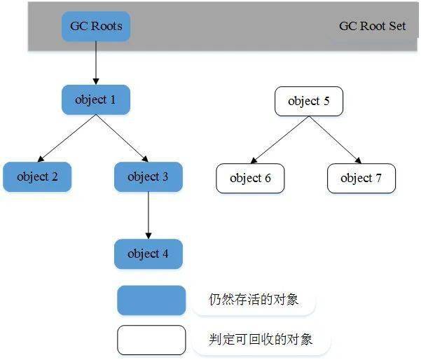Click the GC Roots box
coord(96,27)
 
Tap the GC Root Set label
coord(372,27)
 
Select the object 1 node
coord(96,100)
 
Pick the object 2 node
coord(37,176)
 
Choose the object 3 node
coord(148,176)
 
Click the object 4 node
coord(148,254)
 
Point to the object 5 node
coord(308,102)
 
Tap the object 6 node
coord(250,178)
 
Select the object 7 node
coord(361,178)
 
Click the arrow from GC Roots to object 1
coord(96,63)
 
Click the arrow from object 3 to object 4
coord(148,215)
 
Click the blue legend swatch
coord(151,300)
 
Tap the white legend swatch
coord(151,340)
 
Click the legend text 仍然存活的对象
coord(254,300)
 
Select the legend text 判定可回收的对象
coord(260,340)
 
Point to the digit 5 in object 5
coord(326,102)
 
